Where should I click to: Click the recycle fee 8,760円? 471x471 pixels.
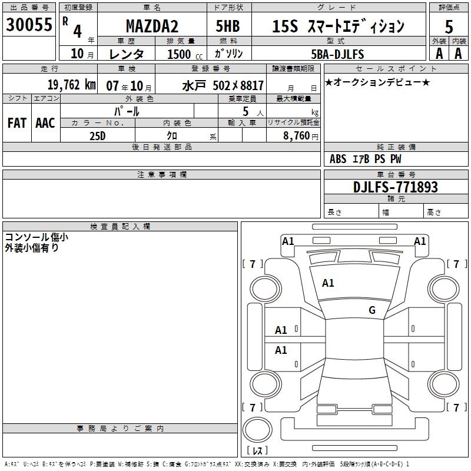[294, 135]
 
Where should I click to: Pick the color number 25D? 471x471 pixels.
[97, 135]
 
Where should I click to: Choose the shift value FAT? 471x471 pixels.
[16, 122]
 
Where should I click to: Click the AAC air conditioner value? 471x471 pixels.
[45, 122]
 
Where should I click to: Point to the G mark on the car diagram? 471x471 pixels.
[372, 310]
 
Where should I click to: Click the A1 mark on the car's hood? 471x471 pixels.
[328, 283]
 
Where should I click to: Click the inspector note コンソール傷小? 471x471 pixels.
[37, 237]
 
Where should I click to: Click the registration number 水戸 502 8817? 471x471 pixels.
[222, 85]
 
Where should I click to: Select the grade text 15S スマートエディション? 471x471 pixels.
[339, 26]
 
